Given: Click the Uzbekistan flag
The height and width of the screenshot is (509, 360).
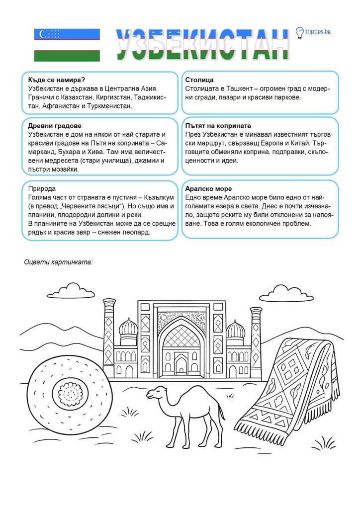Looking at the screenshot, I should click(x=67, y=45).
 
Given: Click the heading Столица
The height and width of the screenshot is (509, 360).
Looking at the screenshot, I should click(x=199, y=80).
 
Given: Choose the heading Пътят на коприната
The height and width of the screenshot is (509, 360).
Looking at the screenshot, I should click(x=218, y=126).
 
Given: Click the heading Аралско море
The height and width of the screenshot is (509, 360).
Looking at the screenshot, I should click(x=208, y=189).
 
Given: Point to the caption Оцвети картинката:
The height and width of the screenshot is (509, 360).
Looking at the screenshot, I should click(x=59, y=261).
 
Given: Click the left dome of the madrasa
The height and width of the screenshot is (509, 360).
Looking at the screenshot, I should click(x=129, y=328).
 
